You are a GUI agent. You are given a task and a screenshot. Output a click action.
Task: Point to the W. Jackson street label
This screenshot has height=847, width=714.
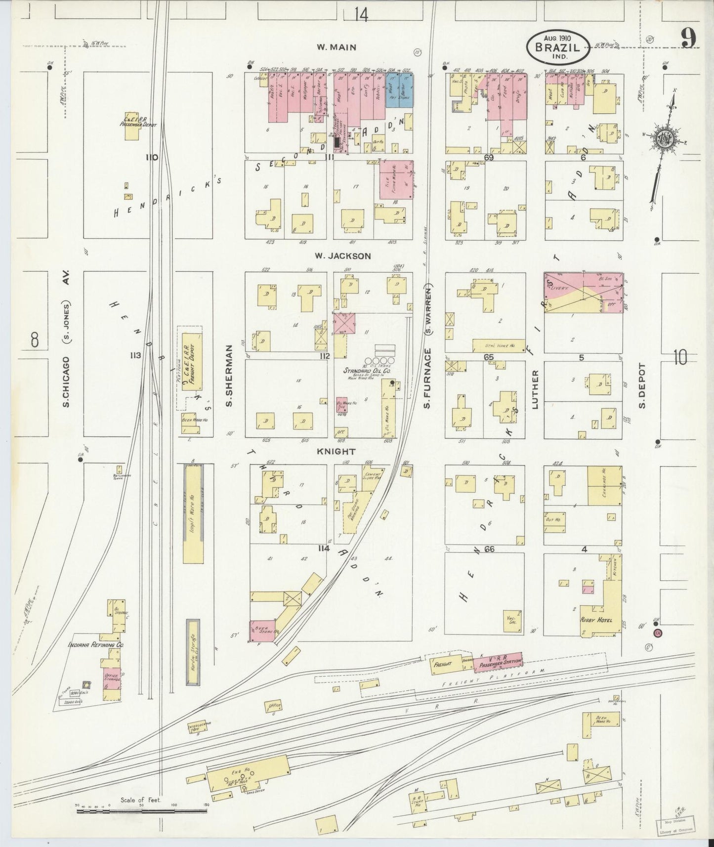[x=342, y=256]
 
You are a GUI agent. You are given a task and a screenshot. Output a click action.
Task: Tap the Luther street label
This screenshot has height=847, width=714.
[x=534, y=389]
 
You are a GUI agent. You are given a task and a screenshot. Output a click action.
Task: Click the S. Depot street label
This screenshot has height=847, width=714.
[x=642, y=386]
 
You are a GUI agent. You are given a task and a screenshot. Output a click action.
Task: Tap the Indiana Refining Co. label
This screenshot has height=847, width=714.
[x=96, y=645]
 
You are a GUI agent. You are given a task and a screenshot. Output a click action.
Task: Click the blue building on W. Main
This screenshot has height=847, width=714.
[x=398, y=96]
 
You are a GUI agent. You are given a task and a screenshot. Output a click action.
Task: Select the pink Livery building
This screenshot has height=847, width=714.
[x=568, y=289]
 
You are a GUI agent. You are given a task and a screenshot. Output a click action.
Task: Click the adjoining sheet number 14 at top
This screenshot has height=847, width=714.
[x=361, y=15]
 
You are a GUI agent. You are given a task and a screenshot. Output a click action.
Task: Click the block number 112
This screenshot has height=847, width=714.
[x=324, y=356]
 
